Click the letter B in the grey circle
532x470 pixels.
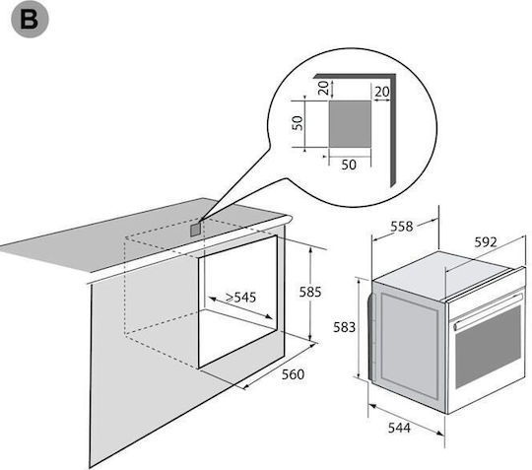pos(29,20)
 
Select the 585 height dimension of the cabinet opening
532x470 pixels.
pos(310,292)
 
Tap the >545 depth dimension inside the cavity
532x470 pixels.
pos(241,298)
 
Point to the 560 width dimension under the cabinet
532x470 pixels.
pos(294,374)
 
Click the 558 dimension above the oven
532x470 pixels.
pos(402,227)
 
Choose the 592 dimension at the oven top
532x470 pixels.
pos(486,242)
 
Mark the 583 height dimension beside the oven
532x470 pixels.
pos(345,327)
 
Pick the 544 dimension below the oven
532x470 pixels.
pos(399,428)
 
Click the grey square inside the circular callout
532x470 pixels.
pos(350,124)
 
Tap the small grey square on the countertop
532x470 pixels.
pos(196,230)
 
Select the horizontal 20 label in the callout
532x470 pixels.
pos(382,92)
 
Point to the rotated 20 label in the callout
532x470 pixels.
pos(324,88)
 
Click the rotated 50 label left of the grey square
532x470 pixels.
pos(298,123)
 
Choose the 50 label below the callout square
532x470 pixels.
pos(349,165)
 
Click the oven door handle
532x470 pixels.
pos(488,311)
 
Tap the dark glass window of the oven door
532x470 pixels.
pos(488,347)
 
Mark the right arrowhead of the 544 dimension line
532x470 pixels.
pos(440,433)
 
